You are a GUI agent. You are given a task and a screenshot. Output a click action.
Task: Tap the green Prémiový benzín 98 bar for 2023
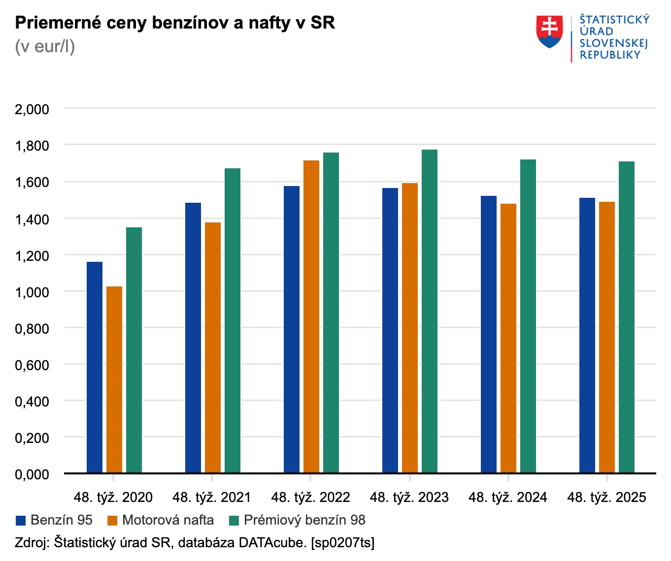[x=430, y=311]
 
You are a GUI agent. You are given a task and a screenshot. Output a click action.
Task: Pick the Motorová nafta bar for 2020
[x=114, y=379]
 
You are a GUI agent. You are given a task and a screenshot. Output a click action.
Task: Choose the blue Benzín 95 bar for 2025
[x=587, y=335]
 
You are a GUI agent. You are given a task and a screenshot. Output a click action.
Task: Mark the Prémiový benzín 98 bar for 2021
[x=233, y=320]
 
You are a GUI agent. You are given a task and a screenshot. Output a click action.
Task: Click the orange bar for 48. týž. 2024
[x=508, y=338]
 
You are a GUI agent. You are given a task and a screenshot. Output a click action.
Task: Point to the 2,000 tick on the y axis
[x=32, y=109]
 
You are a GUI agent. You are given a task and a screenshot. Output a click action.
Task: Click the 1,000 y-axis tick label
[x=32, y=292]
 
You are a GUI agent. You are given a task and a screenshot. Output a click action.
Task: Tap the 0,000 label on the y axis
[x=32, y=474]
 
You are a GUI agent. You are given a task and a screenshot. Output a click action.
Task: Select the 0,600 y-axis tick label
[x=32, y=365]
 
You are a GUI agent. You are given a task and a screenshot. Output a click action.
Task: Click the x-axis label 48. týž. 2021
[x=212, y=498]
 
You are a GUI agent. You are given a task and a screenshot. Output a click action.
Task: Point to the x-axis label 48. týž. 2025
[x=606, y=498]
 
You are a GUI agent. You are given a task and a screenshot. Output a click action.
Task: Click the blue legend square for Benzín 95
[x=21, y=521]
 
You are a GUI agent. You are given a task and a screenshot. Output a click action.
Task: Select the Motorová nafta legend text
[x=168, y=520]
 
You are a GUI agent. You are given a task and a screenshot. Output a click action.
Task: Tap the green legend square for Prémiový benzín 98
[x=234, y=521]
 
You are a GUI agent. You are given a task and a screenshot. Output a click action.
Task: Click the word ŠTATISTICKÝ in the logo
[x=614, y=20]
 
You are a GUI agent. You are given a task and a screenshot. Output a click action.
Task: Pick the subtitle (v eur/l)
[x=45, y=47]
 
